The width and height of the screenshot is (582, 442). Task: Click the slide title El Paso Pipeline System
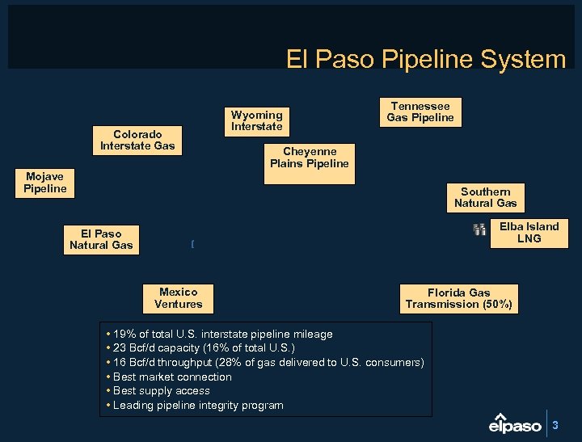(426, 59)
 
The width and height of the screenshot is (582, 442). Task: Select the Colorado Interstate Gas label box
(137, 140)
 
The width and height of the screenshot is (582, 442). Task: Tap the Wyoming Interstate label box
(256, 120)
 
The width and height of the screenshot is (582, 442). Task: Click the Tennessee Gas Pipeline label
(420, 112)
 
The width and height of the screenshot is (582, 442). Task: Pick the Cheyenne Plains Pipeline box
(309, 158)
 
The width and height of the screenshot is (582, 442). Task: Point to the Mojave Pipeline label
(45, 183)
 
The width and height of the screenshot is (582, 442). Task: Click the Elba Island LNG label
(529, 233)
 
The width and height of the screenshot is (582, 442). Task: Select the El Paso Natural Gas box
(101, 239)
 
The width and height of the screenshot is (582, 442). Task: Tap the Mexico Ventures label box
(178, 298)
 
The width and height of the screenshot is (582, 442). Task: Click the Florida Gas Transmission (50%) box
(458, 298)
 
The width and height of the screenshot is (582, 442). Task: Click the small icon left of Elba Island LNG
(479, 230)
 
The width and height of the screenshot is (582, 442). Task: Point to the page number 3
(555, 424)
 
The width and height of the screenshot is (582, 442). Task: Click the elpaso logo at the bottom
(516, 423)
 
